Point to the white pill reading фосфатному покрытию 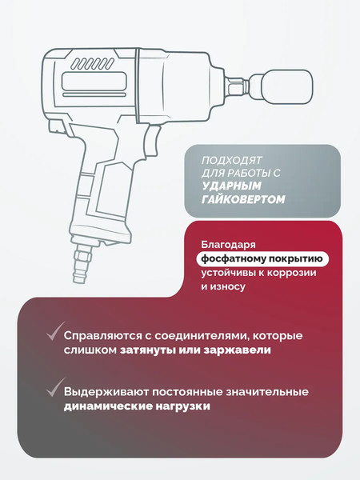(261, 258)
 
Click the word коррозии (292, 272)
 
